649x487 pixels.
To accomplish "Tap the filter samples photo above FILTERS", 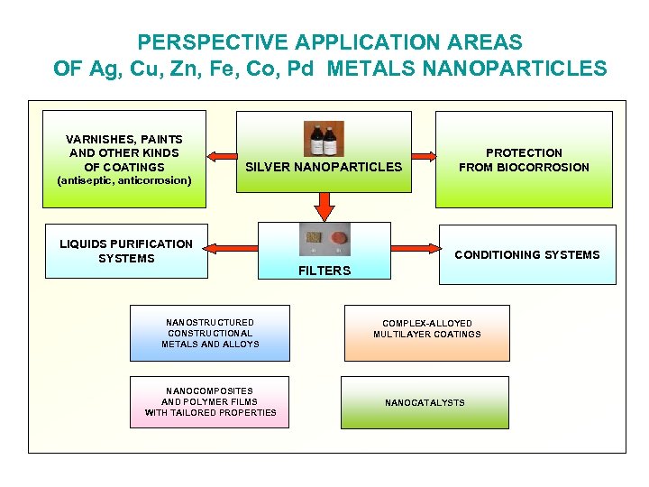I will (x=324, y=240).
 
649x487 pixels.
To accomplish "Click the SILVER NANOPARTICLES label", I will (x=324, y=167).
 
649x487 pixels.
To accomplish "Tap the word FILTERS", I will (x=324, y=271).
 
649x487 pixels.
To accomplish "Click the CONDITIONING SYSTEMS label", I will (x=526, y=255).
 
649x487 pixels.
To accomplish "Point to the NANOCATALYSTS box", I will (x=425, y=402).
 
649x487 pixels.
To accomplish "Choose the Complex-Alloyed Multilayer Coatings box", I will (x=427, y=329).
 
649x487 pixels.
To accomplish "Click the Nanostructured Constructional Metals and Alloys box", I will (x=210, y=333).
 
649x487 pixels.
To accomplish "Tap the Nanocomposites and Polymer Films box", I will (x=210, y=402).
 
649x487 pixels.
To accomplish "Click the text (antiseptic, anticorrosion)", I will (x=124, y=180).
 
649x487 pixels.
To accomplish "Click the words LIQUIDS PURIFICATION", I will (x=126, y=244).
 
